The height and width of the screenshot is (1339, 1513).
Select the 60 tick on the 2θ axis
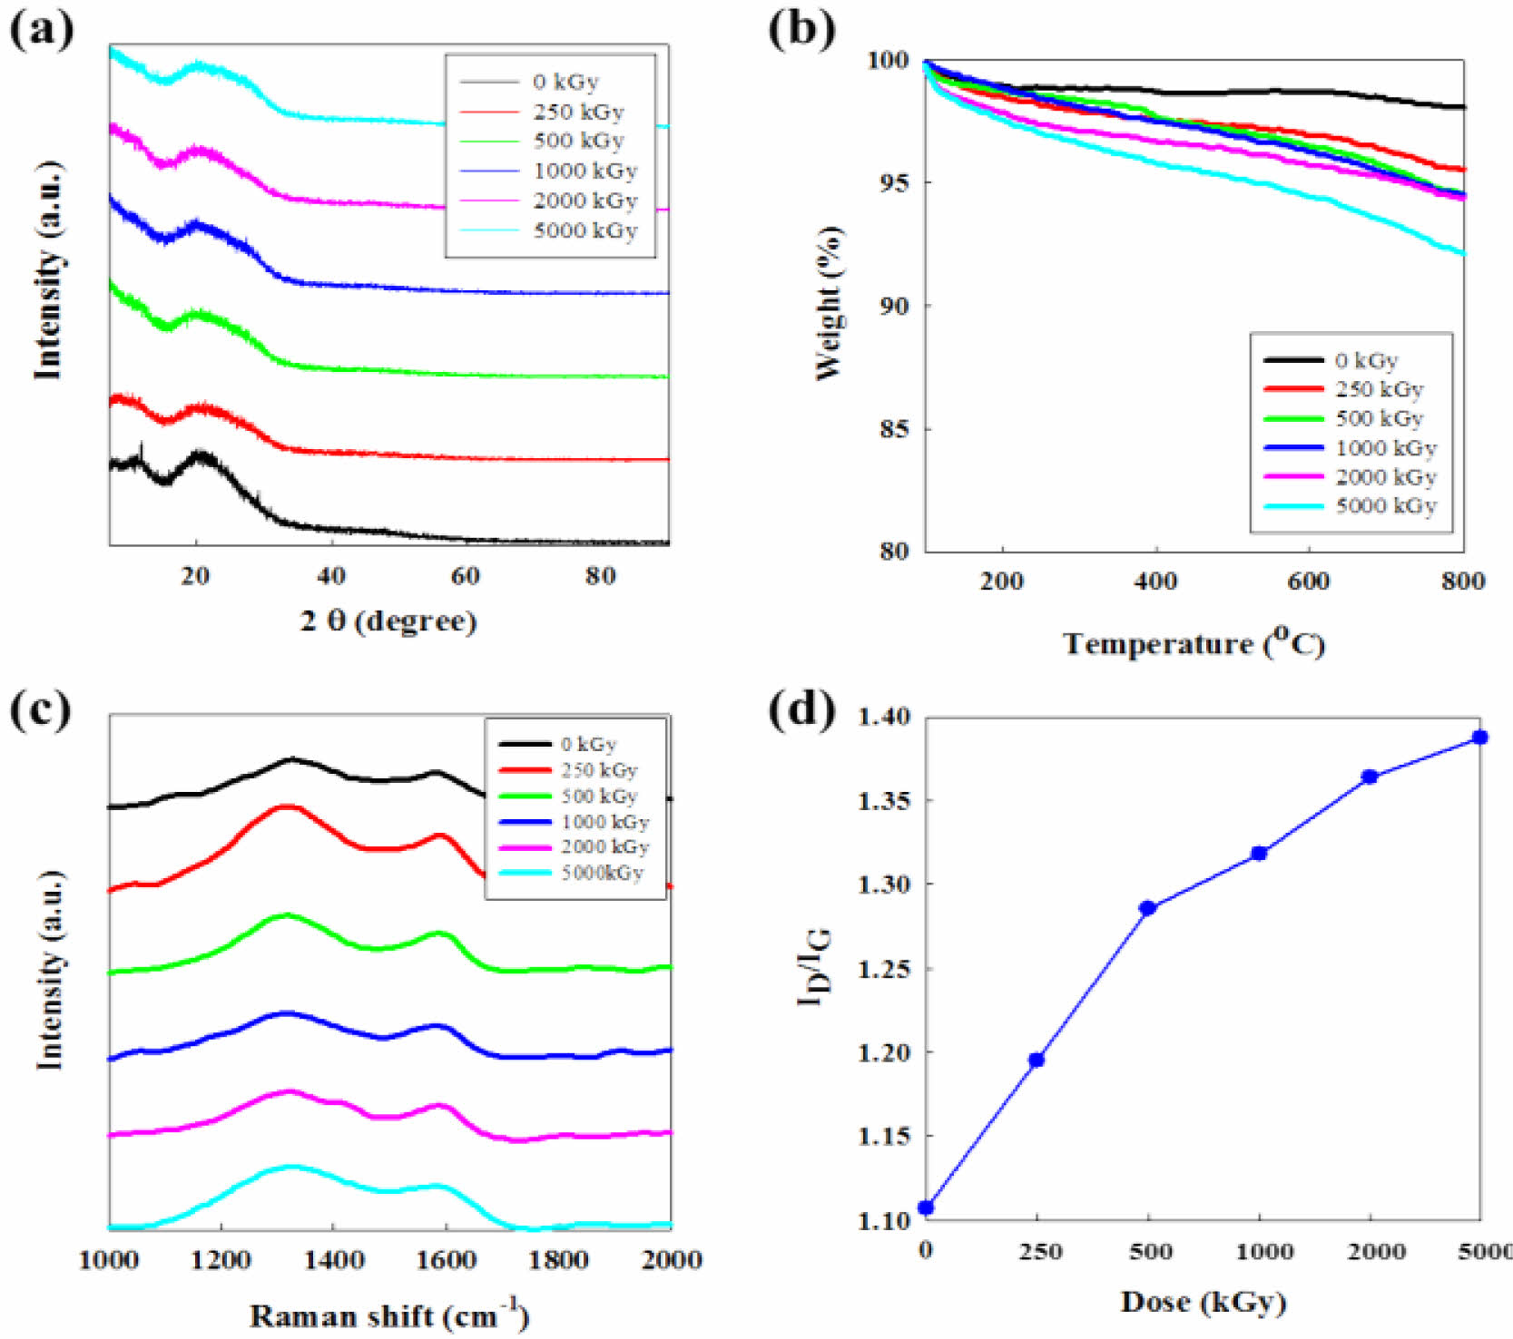click(x=465, y=576)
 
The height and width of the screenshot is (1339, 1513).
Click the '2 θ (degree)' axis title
click(x=388, y=621)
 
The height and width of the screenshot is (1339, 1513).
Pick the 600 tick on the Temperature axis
click(x=1308, y=582)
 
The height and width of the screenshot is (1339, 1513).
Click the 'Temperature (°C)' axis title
click(x=1194, y=643)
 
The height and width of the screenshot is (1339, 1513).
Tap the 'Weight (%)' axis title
click(x=829, y=303)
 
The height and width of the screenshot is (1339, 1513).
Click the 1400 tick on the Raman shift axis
click(x=334, y=1260)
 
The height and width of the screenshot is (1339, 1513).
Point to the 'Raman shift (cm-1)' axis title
click(x=388, y=1315)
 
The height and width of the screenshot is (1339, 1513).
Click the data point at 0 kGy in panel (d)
click(x=926, y=1207)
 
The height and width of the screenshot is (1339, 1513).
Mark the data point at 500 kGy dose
click(x=1147, y=908)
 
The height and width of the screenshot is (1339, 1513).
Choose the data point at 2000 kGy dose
click(x=1370, y=777)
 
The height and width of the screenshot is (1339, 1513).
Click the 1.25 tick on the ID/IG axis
click(x=882, y=969)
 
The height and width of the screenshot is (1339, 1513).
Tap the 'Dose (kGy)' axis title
click(x=1203, y=1302)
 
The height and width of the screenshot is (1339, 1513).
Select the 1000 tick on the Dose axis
click(x=1264, y=1252)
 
